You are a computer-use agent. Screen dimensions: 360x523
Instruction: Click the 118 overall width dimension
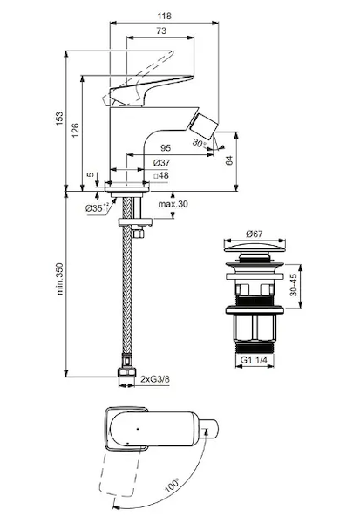click(164, 16)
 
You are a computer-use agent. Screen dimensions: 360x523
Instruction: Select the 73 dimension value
click(160, 31)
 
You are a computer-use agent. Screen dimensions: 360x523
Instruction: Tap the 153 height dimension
click(58, 119)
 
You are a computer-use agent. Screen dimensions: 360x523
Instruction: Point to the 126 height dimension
click(75, 130)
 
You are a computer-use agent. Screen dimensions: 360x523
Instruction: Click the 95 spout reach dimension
click(166, 147)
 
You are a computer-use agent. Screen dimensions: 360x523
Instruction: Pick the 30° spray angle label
click(199, 144)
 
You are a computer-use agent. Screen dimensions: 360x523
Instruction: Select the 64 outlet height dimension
click(229, 160)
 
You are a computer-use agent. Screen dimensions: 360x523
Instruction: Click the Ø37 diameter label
click(161, 163)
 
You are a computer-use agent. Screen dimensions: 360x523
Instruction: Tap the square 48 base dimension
click(161, 175)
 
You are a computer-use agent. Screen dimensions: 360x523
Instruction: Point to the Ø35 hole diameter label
click(97, 208)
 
